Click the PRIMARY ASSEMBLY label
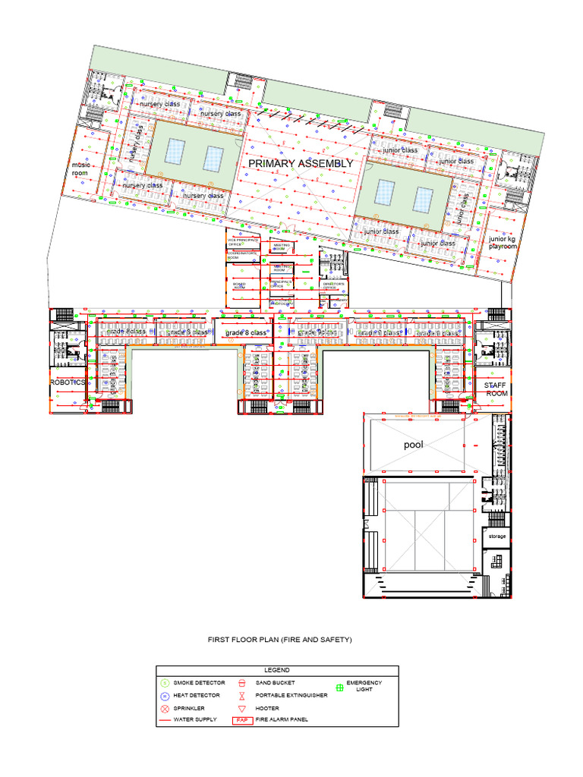pos(301,163)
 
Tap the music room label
pos(80,168)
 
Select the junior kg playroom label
pos(503,243)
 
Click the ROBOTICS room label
pos(68,383)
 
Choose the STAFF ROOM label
pos(496,389)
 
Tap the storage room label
pos(496,536)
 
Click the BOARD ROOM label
pos(239,286)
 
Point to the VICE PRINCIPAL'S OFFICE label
pos(243,242)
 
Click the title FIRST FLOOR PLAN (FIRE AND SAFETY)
pos(281,640)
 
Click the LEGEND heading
pos(277,670)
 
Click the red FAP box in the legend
pos(242,719)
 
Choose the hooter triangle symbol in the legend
pos(241,707)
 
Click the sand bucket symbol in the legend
pos(241,683)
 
